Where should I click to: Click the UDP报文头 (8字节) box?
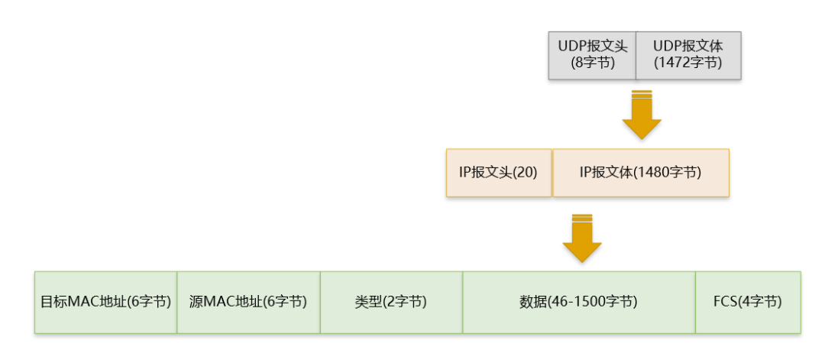(592, 55)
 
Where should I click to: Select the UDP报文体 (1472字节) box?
(688, 55)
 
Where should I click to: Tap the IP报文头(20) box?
(498, 173)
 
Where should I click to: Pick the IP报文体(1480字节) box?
(640, 173)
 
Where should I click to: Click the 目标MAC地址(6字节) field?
(105, 302)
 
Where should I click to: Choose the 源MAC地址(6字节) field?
(248, 302)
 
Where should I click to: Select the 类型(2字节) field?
(391, 302)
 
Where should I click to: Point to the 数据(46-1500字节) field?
(578, 302)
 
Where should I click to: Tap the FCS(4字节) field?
(747, 302)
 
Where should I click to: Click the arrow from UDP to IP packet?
(642, 115)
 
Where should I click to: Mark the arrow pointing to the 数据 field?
(582, 238)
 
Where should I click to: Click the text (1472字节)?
(688, 63)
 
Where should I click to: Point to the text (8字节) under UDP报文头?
(593, 63)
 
